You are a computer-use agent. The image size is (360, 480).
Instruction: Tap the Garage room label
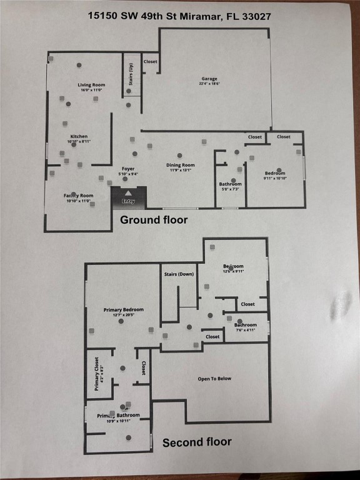pyautogui.click(x=209, y=79)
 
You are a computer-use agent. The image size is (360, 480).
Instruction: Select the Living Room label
pyautogui.click(x=91, y=85)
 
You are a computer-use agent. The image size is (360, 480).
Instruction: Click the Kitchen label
pyautogui.click(x=79, y=136)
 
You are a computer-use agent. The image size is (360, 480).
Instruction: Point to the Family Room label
pyautogui.click(x=78, y=196)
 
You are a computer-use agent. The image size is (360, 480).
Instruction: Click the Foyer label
pyautogui.click(x=128, y=169)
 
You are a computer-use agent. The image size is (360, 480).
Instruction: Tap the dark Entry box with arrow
pyautogui.click(x=128, y=197)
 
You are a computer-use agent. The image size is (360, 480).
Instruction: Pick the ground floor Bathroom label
pyautogui.click(x=230, y=184)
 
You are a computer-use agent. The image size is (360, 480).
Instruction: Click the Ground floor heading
pyautogui.click(x=154, y=220)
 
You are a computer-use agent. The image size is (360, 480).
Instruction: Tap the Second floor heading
pyautogui.click(x=197, y=442)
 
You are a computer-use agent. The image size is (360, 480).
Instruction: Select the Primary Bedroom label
pyautogui.click(x=123, y=309)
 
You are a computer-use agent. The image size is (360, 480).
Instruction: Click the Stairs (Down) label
pyautogui.click(x=179, y=274)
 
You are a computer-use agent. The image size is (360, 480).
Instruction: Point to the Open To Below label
pyautogui.click(x=214, y=379)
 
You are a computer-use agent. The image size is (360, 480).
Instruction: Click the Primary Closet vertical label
pyautogui.click(x=97, y=374)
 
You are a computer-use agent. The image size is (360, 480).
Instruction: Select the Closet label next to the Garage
pyautogui.click(x=151, y=61)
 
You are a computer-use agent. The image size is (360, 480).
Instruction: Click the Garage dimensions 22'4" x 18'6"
pyautogui.click(x=209, y=84)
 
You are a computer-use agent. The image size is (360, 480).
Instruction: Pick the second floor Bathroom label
pyautogui.click(x=245, y=325)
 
